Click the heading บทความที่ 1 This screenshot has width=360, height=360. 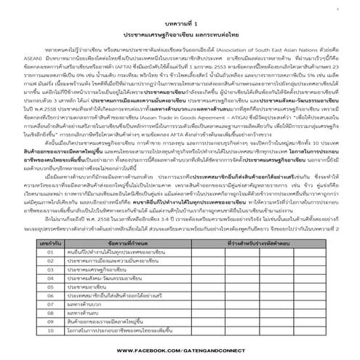click(x=179, y=24)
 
